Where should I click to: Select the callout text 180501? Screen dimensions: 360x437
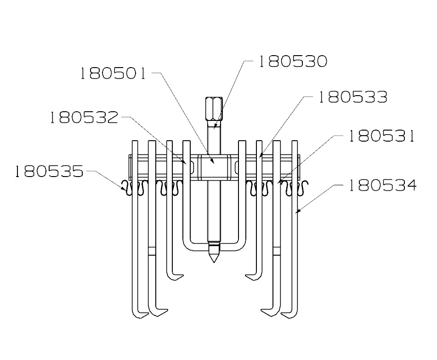pyautogui.click(x=113, y=74)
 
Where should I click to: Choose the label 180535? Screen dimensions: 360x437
pyautogui.click(x=49, y=172)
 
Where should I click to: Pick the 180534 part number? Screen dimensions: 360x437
pyautogui.click(x=381, y=186)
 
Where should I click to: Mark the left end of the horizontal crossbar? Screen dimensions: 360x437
pyautogui.click(x=131, y=167)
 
